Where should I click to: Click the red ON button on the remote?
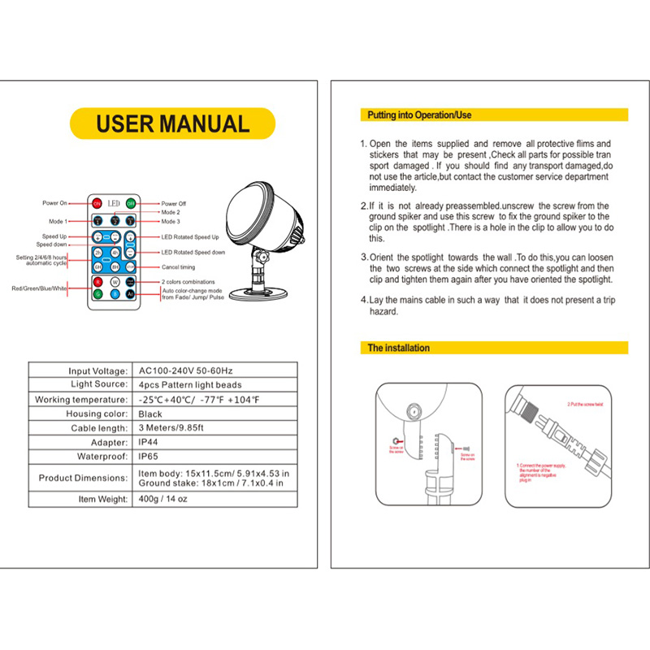point(97,203)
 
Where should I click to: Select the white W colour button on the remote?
point(115,282)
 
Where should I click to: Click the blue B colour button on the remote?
point(115,294)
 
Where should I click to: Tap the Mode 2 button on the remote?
point(115,221)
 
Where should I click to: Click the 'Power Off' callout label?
point(174,203)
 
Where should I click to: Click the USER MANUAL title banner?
point(172,123)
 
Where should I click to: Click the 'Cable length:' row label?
point(99,428)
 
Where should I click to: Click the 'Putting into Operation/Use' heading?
point(419,115)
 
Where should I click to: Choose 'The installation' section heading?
point(399,348)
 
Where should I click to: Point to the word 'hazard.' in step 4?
point(383,312)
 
